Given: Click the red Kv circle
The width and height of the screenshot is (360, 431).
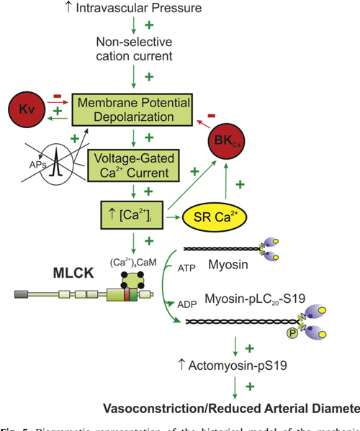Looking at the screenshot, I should [25, 110].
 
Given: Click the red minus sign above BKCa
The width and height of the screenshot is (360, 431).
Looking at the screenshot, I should [211, 114].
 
